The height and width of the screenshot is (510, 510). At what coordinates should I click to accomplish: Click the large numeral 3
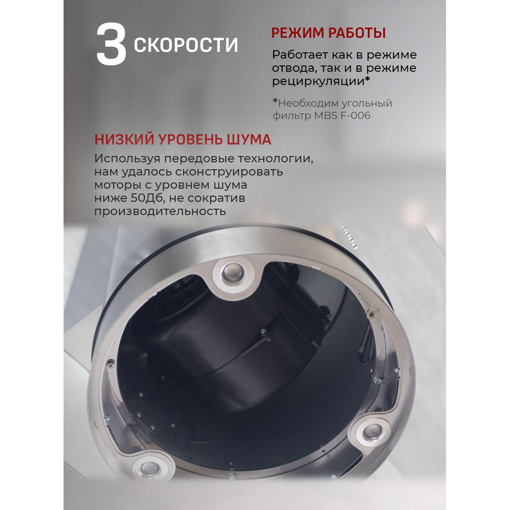pos(111,44)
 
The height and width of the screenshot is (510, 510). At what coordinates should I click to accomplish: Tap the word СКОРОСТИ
pos(186,45)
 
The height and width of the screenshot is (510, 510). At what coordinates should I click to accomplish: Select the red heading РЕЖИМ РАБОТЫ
pos(328,33)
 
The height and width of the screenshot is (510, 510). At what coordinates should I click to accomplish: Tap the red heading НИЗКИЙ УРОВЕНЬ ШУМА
pos(183,140)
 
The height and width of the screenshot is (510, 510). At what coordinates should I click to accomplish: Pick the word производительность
pos(160,211)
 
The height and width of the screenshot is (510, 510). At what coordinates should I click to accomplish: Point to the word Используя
pos(126,159)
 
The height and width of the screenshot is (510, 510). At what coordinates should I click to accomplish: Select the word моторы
pos(115,185)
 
